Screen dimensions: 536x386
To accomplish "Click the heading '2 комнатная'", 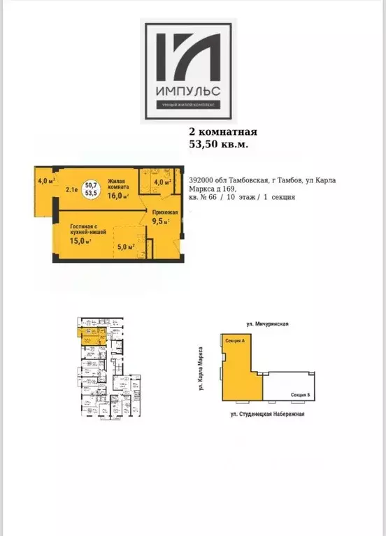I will (x=224, y=131).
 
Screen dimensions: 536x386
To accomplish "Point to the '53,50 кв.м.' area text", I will (x=219, y=144).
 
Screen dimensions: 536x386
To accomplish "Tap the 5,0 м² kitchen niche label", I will (x=125, y=247).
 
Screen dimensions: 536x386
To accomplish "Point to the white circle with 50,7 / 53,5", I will (x=91, y=188).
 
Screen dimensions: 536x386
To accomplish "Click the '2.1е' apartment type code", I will (x=71, y=189).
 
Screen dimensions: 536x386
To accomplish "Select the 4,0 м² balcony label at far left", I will (x=47, y=181).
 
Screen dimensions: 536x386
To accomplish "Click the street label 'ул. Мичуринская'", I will (x=268, y=324).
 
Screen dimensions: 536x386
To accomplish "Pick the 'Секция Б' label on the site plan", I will (x=301, y=396).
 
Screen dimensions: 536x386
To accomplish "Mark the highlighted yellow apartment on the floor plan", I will (x=90, y=335).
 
